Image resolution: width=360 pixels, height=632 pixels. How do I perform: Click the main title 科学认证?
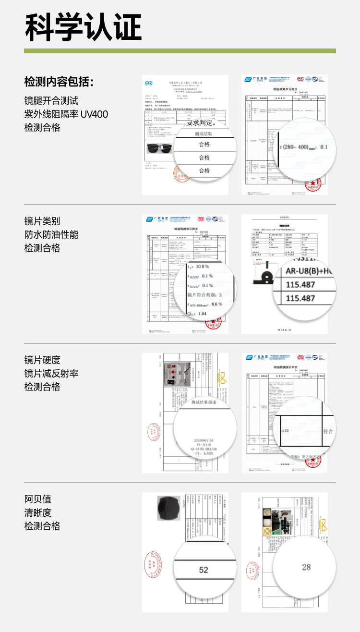point(83,27)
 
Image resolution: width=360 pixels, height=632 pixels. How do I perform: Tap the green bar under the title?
point(180,51)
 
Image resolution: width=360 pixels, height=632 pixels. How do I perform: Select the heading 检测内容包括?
point(59,82)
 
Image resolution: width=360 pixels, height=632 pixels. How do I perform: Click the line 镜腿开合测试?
point(51,101)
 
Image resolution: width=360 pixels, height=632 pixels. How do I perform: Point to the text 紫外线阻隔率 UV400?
point(66,114)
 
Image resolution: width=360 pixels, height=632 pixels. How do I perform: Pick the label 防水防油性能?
point(51,235)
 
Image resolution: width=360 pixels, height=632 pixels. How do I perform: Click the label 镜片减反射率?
point(51,374)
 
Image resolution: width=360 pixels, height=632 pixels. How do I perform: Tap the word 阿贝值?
point(38,499)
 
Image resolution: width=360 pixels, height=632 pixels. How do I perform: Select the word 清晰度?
point(38,513)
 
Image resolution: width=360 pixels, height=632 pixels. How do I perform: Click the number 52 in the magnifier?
point(204,570)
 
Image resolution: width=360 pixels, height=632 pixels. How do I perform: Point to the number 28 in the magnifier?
point(306,567)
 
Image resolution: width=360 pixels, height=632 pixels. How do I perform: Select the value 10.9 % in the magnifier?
point(203,266)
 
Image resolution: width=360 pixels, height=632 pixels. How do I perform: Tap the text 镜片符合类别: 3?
point(204,295)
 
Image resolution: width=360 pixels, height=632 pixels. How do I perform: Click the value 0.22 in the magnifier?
point(285,431)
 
